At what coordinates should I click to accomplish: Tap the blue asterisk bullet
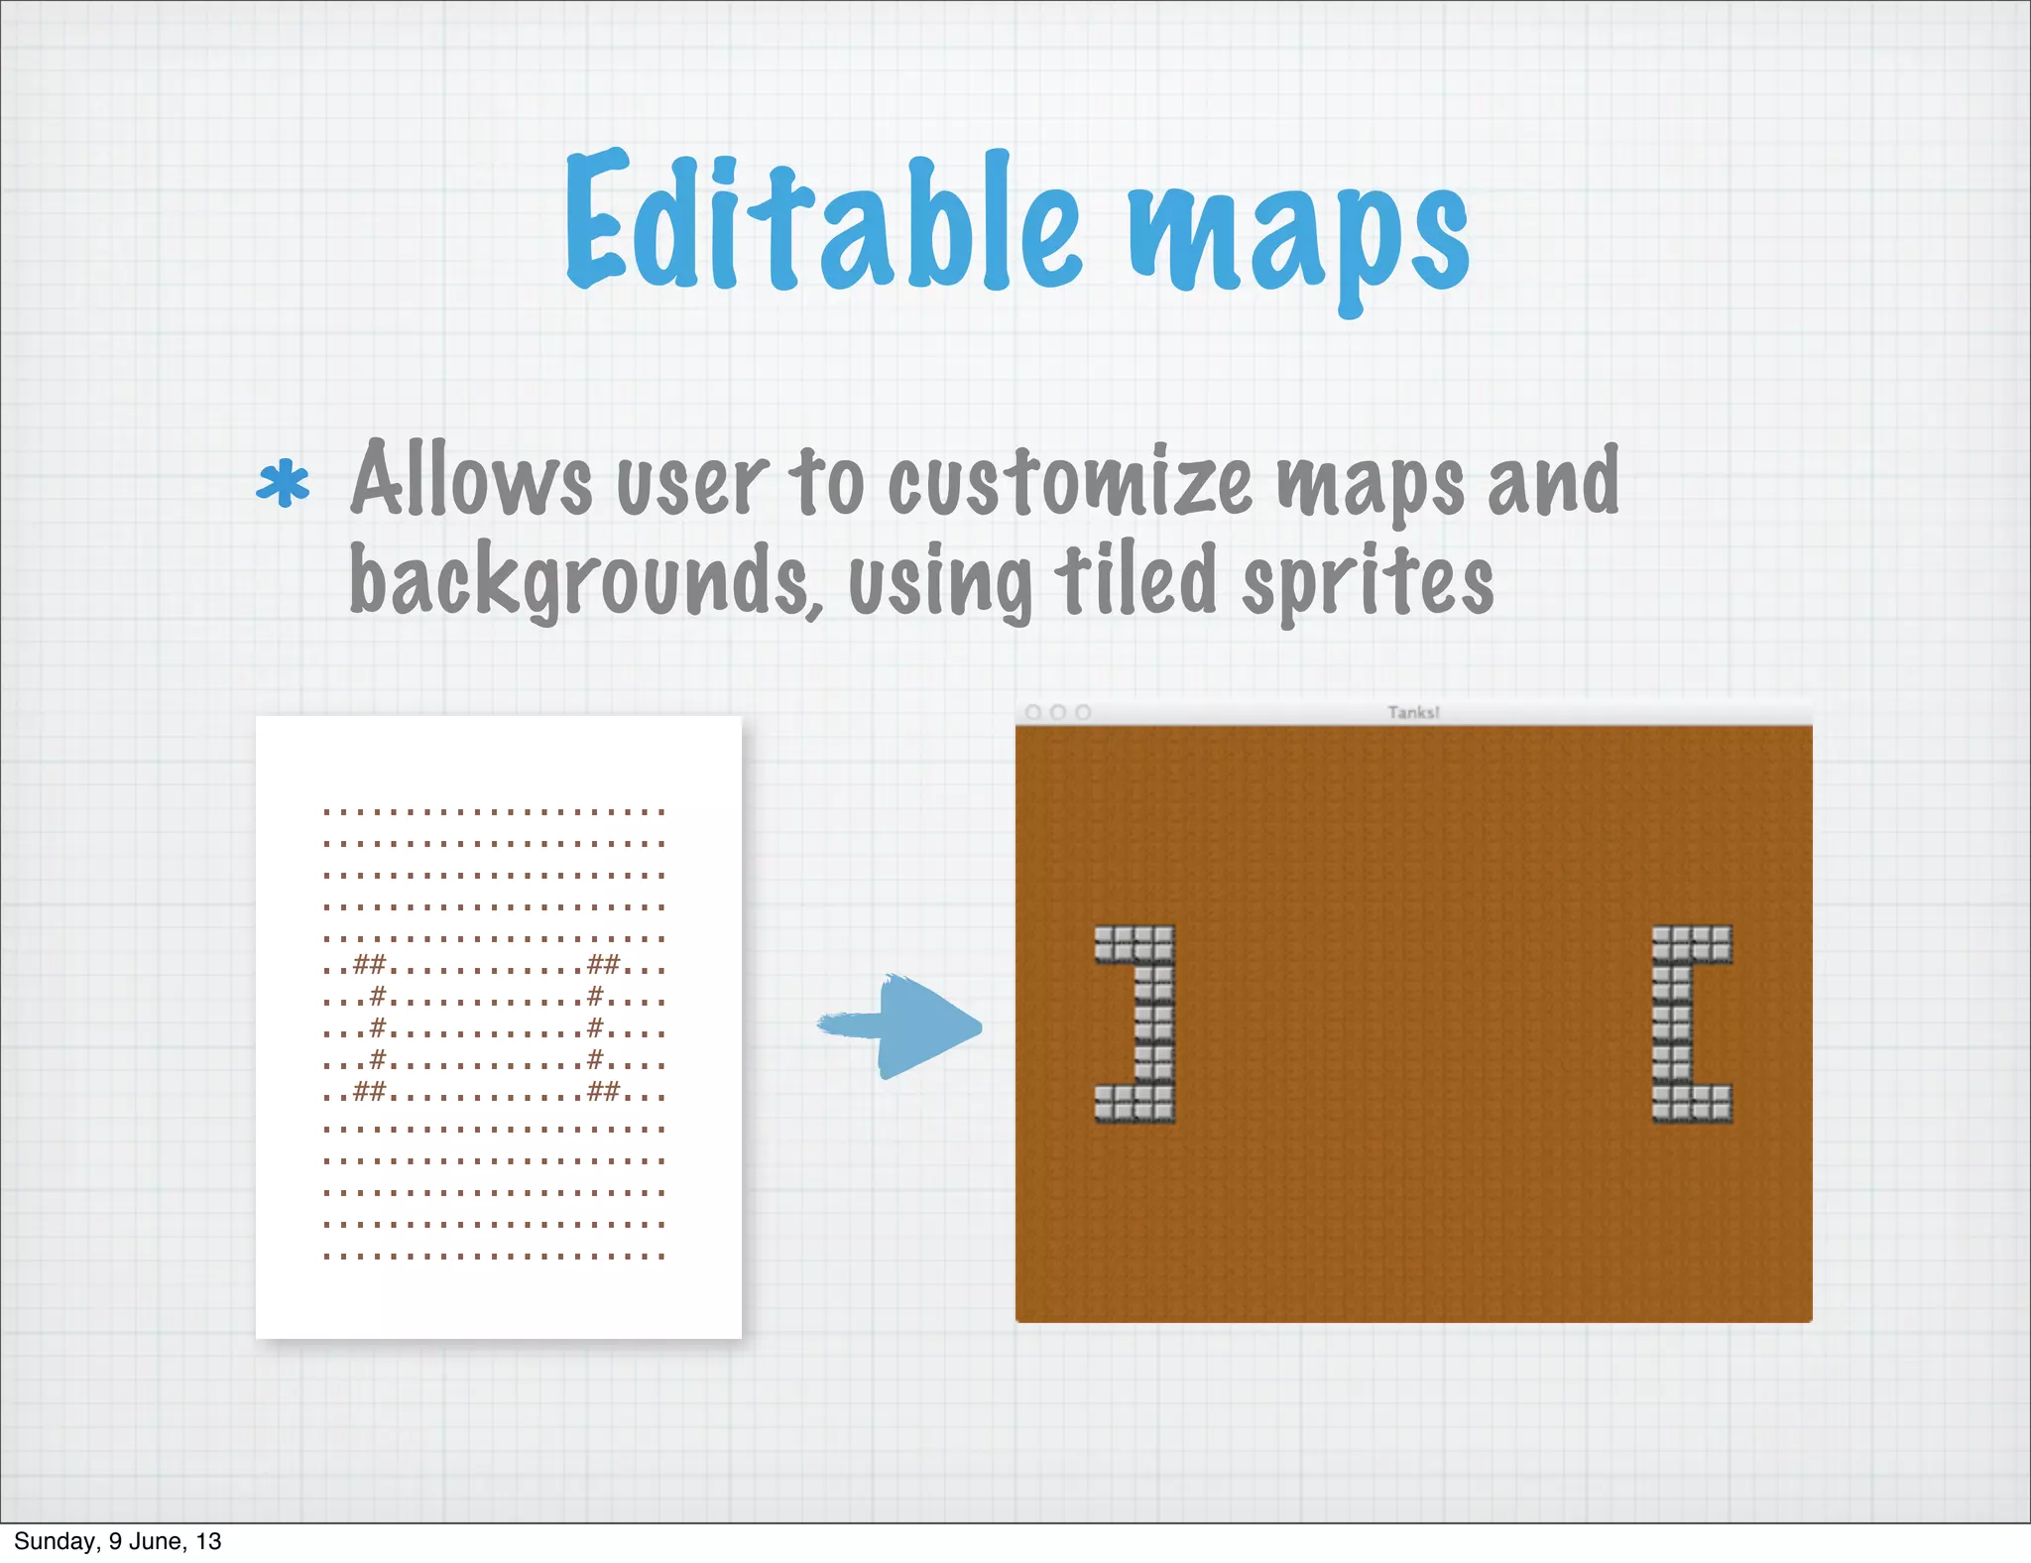tap(283, 484)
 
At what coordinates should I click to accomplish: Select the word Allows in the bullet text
tap(471, 480)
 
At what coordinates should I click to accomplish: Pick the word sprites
tap(1369, 585)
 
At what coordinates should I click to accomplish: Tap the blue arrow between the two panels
tap(902, 1026)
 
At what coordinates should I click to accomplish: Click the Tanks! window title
tap(1413, 712)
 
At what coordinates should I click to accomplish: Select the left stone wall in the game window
tap(1136, 1023)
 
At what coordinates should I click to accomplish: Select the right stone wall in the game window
tap(1691, 1023)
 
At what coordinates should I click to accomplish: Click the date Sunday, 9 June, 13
tap(117, 1540)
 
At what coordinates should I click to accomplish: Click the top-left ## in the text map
tap(369, 963)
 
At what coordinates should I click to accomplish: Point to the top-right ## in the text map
tap(603, 963)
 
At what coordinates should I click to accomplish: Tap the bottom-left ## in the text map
tap(369, 1091)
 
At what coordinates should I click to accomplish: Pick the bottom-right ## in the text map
tap(603, 1091)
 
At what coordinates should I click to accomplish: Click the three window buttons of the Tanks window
tap(1057, 712)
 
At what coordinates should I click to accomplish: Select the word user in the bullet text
tap(692, 484)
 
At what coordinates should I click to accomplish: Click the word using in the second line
tap(940, 585)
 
